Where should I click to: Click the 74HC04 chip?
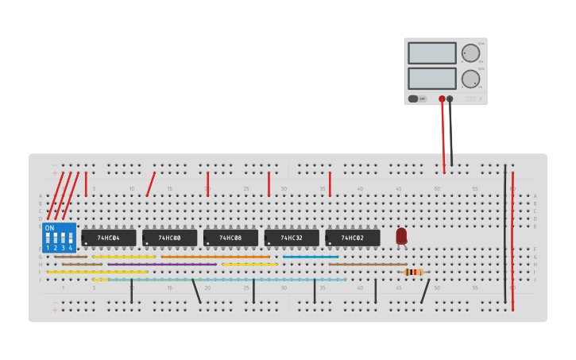109,238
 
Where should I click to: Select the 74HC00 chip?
169,238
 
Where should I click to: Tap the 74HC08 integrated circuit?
230,238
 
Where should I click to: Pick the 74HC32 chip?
292,238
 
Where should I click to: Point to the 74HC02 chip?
352,238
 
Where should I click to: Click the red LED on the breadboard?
401,236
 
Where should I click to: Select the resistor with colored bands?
413,272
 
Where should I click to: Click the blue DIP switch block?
60,238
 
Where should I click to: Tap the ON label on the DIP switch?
49,228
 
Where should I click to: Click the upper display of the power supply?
432,53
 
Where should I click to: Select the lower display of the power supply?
432,78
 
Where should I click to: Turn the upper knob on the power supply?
470,53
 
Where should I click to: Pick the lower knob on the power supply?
470,79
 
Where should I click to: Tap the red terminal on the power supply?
442,99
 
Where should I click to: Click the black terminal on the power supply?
450,99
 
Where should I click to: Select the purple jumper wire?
163,265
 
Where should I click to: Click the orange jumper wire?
215,257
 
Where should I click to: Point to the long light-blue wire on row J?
226,280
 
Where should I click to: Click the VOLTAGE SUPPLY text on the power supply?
471,99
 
